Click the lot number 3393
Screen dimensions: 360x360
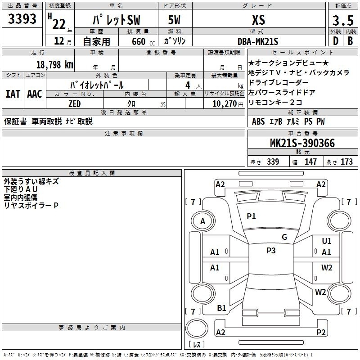[x=22, y=19]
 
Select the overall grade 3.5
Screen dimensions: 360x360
[x=343, y=20]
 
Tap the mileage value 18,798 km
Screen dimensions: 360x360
[x=55, y=65]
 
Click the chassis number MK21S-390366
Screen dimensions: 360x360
[x=302, y=143]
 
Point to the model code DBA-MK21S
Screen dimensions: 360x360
[x=258, y=41]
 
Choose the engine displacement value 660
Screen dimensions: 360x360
[x=139, y=41]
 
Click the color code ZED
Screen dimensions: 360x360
[x=75, y=104]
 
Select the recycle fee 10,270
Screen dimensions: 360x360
[x=225, y=104]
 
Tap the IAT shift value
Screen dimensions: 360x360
[x=13, y=94]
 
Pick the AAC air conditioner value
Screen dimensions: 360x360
[x=35, y=94]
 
